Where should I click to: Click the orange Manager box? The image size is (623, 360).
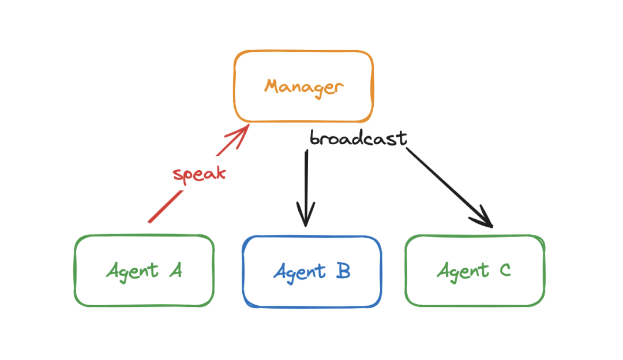(303, 51)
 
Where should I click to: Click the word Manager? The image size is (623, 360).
(304, 88)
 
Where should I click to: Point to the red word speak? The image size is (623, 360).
(199, 174)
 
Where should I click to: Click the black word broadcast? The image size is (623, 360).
(358, 138)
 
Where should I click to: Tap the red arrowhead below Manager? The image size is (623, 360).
(240, 135)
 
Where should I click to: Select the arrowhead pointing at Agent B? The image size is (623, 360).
(306, 215)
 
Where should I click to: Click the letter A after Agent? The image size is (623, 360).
(175, 270)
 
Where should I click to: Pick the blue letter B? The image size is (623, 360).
(343, 271)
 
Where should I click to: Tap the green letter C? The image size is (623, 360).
(505, 270)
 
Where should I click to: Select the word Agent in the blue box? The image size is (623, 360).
(299, 272)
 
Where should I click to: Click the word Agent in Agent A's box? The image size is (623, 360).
(132, 272)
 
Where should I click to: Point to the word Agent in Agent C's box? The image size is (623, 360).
(463, 272)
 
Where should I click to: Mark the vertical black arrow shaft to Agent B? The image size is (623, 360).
(306, 187)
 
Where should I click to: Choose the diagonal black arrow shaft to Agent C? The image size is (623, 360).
(449, 187)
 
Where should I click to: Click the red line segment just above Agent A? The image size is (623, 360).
(166, 207)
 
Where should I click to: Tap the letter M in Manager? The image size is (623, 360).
(272, 86)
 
